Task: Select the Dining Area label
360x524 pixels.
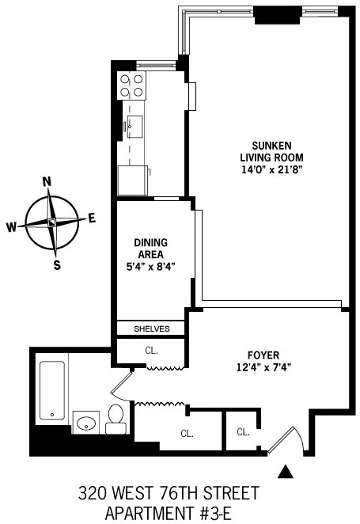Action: (x=150, y=248)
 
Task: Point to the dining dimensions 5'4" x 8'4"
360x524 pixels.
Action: (x=150, y=267)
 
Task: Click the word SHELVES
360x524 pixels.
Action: (x=150, y=328)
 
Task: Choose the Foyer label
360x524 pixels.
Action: (x=263, y=355)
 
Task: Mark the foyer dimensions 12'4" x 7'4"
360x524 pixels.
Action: (x=263, y=366)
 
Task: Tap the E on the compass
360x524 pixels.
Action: (x=92, y=218)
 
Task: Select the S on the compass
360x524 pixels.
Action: (x=56, y=265)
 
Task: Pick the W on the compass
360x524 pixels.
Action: (x=12, y=227)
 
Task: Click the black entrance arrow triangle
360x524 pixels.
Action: (x=286, y=473)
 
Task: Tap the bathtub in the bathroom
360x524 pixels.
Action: (x=51, y=390)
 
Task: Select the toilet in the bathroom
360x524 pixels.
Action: (x=116, y=418)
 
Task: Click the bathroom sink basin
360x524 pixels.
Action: (x=85, y=422)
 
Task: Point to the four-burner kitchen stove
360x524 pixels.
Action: (x=131, y=85)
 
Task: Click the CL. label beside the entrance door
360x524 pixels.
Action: (x=243, y=431)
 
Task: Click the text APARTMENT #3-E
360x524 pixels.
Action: (x=179, y=514)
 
